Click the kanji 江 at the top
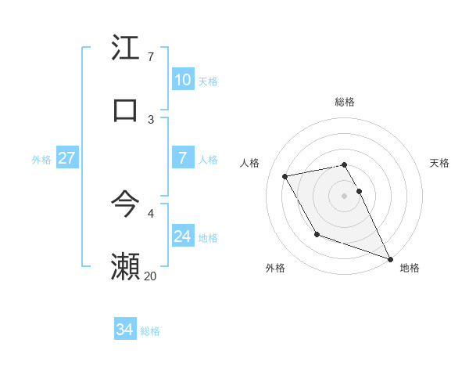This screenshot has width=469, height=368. pyautogui.click(x=126, y=48)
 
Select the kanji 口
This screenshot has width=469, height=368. pyautogui.click(x=126, y=110)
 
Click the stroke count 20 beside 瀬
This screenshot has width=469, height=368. pyautogui.click(x=150, y=276)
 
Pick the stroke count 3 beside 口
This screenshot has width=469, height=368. pyautogui.click(x=151, y=119)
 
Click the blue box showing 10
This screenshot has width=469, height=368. pyautogui.click(x=183, y=80)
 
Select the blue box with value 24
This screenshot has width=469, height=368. pyautogui.click(x=183, y=236)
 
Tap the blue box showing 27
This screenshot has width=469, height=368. pyautogui.click(x=67, y=158)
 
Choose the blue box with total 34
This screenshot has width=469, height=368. pyautogui.click(x=125, y=330)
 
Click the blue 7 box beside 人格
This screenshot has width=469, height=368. pyautogui.click(x=183, y=158)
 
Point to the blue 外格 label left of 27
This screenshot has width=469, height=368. pyautogui.click(x=41, y=160)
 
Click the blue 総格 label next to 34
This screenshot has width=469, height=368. pyautogui.click(x=150, y=331)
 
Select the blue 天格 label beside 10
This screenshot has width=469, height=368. pyautogui.click(x=208, y=81)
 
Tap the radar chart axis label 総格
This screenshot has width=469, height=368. pyautogui.click(x=345, y=102)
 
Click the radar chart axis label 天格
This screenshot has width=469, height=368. pyautogui.click(x=439, y=163)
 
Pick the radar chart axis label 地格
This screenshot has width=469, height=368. pyautogui.click(x=410, y=268)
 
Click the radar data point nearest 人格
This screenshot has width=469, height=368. pyautogui.click(x=285, y=176)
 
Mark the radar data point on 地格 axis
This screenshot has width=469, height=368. pyautogui.click(x=391, y=259)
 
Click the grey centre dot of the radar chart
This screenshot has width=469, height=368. pyautogui.click(x=345, y=195)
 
